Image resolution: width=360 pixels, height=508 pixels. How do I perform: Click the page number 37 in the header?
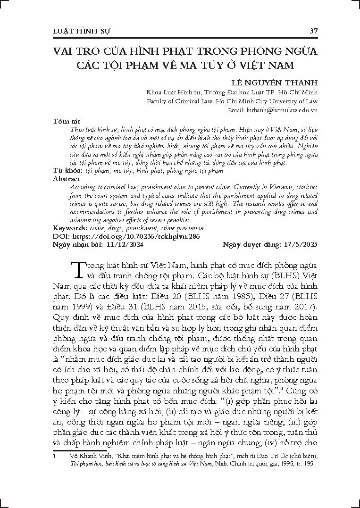coord(313,31)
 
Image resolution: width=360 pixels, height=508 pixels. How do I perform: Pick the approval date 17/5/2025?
coord(301,244)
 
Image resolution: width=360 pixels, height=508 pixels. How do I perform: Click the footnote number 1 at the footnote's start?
coord(55,456)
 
